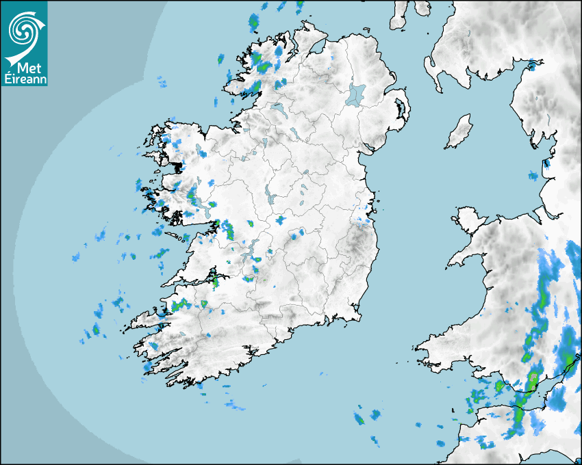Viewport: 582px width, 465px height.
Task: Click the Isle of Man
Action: click(x=459, y=131)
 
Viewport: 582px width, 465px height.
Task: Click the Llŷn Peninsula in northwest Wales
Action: click(x=466, y=256)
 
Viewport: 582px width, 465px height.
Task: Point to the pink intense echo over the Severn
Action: click(x=533, y=377)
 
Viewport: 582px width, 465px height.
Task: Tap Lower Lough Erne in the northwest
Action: click(x=278, y=109)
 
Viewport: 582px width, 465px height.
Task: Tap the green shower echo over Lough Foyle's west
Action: click(x=281, y=52)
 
